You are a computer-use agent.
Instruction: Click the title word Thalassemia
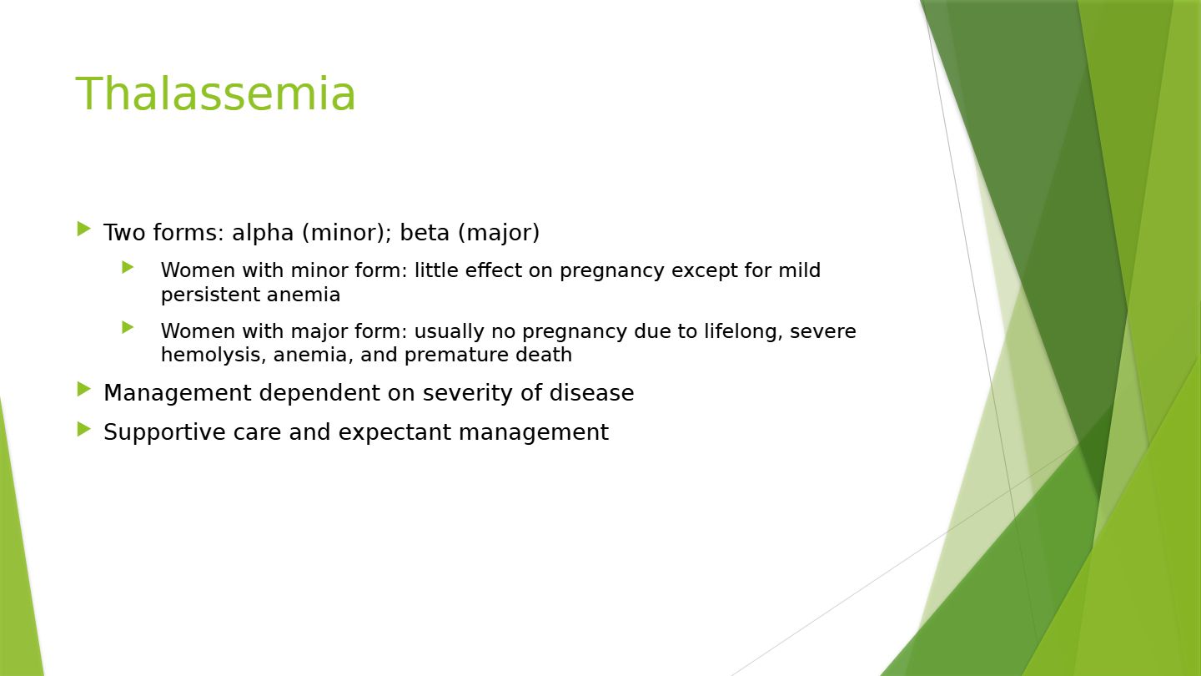[x=215, y=93]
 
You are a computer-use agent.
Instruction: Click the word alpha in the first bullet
[x=263, y=234]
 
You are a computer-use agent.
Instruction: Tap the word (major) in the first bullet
[x=499, y=234]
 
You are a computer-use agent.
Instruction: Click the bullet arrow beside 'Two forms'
[x=84, y=229]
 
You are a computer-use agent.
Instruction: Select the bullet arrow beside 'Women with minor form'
[x=128, y=267]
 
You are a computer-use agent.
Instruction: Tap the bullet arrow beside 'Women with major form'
[x=128, y=327]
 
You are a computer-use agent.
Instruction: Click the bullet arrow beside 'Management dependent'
[x=84, y=390]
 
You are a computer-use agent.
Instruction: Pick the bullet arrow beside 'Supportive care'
[x=84, y=429]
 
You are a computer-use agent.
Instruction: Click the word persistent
[x=210, y=295]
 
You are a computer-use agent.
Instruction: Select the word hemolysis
[x=214, y=356]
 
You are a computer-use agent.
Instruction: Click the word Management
[x=178, y=394]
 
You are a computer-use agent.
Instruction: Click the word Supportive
[x=164, y=433]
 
